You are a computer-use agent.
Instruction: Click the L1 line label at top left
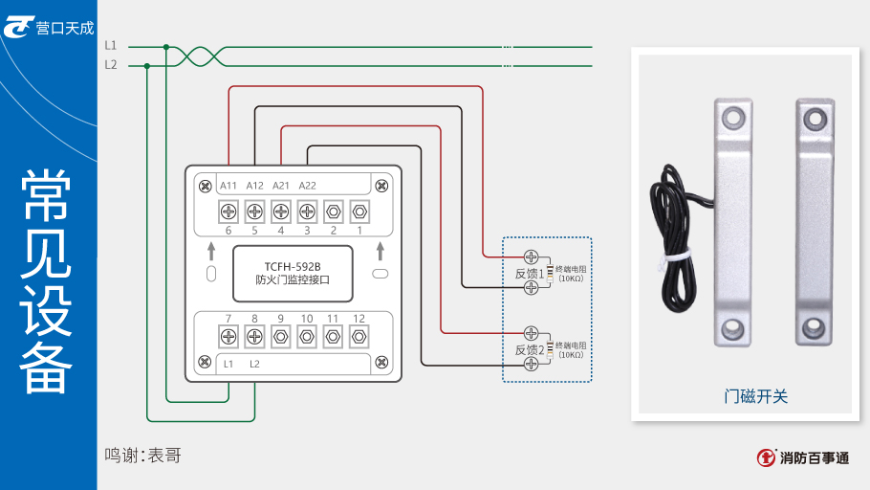click(111, 46)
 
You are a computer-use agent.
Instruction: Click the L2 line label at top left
click(111, 65)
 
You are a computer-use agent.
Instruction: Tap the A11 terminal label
click(228, 185)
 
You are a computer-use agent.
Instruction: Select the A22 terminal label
click(307, 185)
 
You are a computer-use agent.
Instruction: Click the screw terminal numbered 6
click(228, 211)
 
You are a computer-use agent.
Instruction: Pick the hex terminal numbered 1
click(359, 211)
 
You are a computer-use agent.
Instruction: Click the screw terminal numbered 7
click(228, 336)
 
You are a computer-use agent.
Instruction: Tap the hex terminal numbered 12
click(359, 336)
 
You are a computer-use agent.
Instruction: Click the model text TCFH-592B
click(293, 266)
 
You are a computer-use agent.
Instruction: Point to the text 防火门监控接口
click(293, 281)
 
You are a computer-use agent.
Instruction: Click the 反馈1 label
click(529, 274)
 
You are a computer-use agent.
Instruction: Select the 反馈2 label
click(529, 349)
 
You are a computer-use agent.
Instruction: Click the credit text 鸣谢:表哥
click(142, 457)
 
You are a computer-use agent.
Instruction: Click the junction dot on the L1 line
click(166, 46)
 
